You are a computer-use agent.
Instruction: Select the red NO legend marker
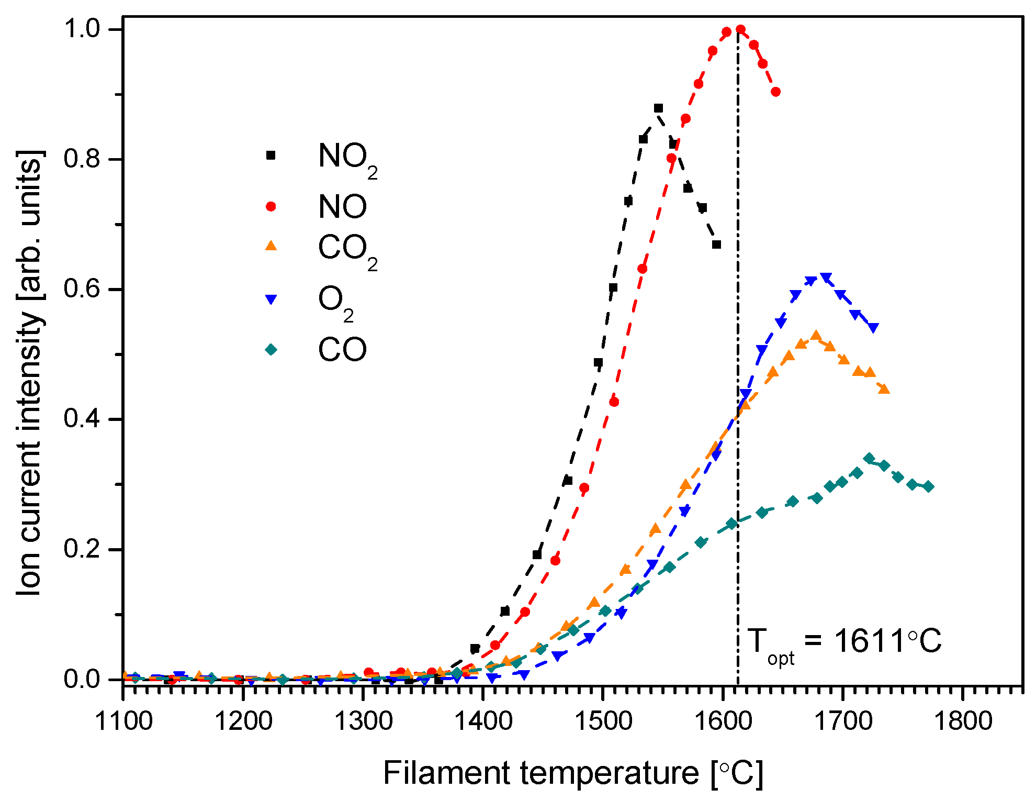tap(271, 206)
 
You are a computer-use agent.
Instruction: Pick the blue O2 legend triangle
tap(271, 299)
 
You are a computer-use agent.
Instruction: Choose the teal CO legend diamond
tap(271, 349)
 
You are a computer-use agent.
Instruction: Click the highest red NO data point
tap(740, 29)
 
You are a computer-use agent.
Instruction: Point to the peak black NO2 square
tap(658, 108)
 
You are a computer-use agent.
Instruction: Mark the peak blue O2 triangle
tap(826, 277)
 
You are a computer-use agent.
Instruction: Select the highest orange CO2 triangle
tap(816, 336)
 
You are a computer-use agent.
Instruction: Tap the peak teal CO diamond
tap(869, 459)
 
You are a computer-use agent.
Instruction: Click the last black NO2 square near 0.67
tap(717, 245)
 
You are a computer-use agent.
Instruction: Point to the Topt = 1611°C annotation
tap(844, 642)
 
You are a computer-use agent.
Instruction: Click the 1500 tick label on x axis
tap(603, 721)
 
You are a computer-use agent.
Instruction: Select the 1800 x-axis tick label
tap(963, 721)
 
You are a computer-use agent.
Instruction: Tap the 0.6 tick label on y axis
tap(82, 288)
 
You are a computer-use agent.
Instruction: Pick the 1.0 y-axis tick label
tap(82, 29)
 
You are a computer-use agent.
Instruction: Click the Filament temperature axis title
tap(573, 772)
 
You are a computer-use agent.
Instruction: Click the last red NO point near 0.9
tap(776, 92)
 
